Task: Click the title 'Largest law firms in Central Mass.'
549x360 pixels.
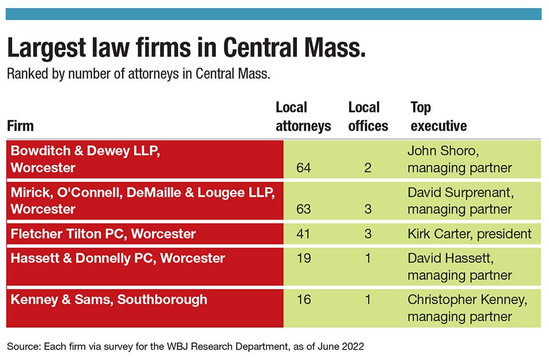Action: [x=187, y=48]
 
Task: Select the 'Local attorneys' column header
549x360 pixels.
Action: [x=303, y=117]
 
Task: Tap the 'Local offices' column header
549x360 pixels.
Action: [x=368, y=117]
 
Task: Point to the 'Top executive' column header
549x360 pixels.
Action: [x=439, y=117]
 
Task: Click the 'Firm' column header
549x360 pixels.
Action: [x=20, y=126]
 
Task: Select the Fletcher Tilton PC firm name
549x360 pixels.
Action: [x=103, y=234]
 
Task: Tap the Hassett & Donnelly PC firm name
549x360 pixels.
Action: [x=118, y=258]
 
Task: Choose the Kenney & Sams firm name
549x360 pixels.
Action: [x=109, y=300]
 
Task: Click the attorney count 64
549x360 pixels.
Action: [x=303, y=167]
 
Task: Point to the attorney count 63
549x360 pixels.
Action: [x=303, y=209]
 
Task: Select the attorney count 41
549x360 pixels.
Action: [x=303, y=234]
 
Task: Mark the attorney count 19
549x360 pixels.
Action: [x=303, y=258]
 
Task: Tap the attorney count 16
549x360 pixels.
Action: [x=303, y=300]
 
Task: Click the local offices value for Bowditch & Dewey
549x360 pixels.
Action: [x=368, y=167]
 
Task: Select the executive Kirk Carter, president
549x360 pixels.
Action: [x=469, y=234]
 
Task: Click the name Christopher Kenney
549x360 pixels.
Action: [x=467, y=300]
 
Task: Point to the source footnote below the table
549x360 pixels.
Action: [x=185, y=346]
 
